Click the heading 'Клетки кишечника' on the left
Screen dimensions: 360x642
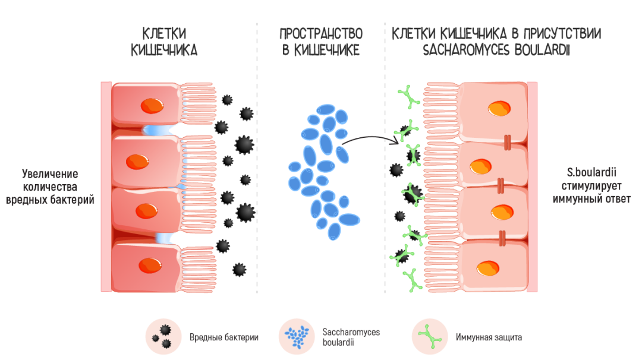(164, 42)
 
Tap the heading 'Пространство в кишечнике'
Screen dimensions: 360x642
(321, 42)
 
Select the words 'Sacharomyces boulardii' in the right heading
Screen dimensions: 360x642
(496, 50)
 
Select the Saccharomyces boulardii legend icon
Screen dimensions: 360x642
(297, 337)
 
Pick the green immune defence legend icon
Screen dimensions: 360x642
(430, 337)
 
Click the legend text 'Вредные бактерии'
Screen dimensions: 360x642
(224, 337)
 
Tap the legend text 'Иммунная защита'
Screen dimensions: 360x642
(489, 337)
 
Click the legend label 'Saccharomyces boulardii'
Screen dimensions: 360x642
(351, 337)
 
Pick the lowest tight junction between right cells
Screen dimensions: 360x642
(502, 238)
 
